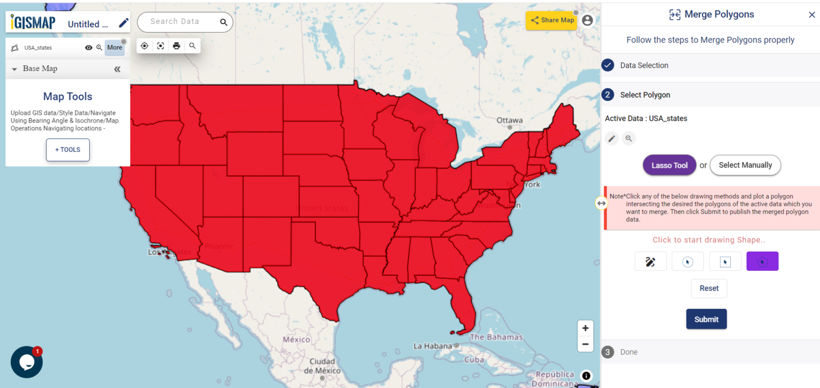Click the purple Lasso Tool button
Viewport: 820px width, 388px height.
tap(669, 165)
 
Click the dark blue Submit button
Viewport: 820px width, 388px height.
tap(706, 319)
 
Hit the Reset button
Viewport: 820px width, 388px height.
tap(709, 288)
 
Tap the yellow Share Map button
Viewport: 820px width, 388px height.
tap(552, 20)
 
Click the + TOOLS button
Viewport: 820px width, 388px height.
tap(68, 150)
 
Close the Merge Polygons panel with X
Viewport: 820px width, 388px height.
tap(811, 15)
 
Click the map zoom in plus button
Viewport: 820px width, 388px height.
tap(586, 328)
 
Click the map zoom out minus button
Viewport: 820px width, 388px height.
tap(586, 344)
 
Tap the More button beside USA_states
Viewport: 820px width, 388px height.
tap(114, 48)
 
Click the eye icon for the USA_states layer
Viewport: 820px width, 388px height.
tap(89, 48)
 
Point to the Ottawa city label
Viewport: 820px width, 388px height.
tap(509, 120)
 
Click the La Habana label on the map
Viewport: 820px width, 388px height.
tap(433, 346)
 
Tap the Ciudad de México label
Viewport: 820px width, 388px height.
tap(322, 366)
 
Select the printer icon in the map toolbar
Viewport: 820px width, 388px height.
tap(177, 46)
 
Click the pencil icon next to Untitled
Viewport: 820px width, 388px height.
tap(123, 23)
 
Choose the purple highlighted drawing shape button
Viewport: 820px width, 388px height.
tap(762, 261)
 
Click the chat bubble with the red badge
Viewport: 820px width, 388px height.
tap(27, 362)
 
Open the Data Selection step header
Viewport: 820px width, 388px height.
tap(644, 65)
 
